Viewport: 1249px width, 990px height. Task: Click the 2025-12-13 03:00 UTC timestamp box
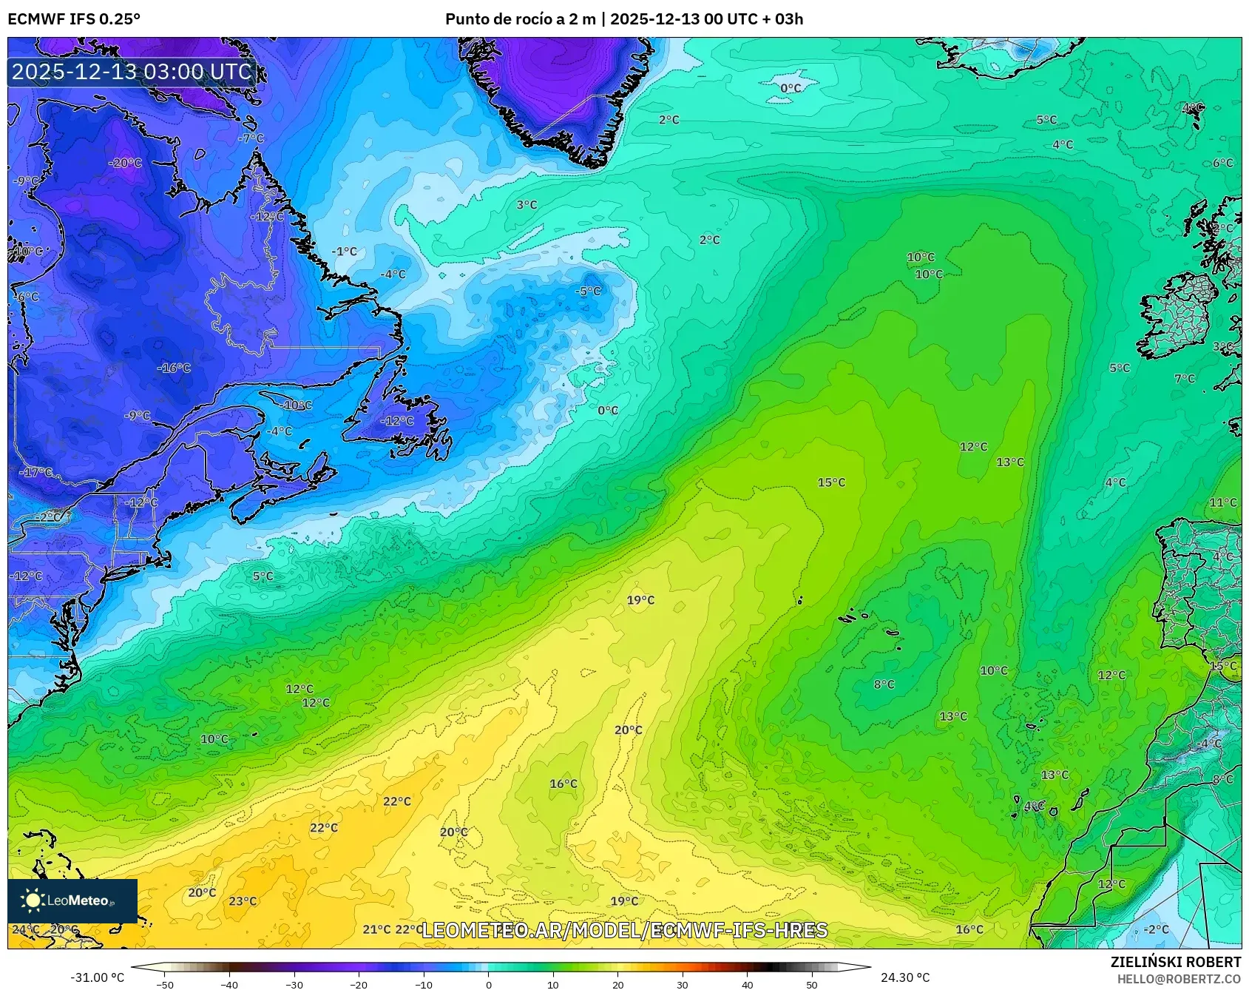click(132, 72)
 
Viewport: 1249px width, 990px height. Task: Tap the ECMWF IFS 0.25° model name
click(73, 19)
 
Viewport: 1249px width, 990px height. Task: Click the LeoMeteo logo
click(72, 900)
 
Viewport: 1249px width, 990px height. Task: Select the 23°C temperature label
click(243, 901)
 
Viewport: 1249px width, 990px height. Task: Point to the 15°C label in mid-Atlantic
click(831, 482)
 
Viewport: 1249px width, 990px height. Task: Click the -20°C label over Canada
click(125, 163)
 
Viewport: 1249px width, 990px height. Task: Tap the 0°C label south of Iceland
click(791, 88)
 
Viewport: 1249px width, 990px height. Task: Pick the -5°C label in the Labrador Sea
click(589, 292)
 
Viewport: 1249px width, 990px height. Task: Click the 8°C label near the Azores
click(884, 684)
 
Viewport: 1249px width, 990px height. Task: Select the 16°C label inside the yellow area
click(563, 784)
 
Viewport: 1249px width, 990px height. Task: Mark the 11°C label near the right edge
click(1222, 502)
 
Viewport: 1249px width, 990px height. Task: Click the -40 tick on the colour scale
click(229, 984)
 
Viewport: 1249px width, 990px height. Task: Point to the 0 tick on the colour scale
click(488, 984)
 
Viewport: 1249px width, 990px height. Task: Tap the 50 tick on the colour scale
click(812, 984)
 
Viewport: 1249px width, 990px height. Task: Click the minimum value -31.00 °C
click(97, 977)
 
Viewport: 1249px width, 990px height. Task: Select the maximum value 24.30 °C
click(904, 977)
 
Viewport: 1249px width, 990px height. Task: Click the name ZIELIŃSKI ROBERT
click(1175, 962)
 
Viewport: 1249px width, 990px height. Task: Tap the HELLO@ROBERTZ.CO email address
click(1179, 979)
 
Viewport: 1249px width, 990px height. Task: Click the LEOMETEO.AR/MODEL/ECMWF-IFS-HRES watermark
click(624, 930)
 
